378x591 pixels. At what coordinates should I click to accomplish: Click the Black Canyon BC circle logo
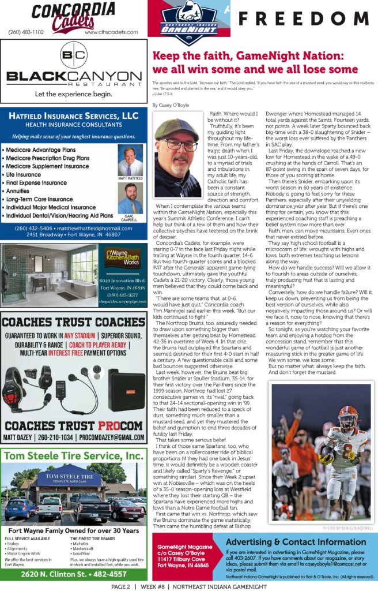(x=73, y=55)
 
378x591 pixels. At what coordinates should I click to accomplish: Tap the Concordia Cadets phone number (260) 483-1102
(x=26, y=32)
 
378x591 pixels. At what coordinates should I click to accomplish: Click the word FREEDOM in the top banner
(x=305, y=19)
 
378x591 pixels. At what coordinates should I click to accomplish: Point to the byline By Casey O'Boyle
(x=171, y=105)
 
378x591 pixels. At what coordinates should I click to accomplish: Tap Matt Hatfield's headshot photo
(x=130, y=161)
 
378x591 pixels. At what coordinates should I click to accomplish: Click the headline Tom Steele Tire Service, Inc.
(x=74, y=456)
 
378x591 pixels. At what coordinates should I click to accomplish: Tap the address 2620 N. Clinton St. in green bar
(x=74, y=574)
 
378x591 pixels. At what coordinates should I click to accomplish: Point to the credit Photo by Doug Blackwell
(x=348, y=528)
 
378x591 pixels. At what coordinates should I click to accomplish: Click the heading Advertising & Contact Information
(x=296, y=542)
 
